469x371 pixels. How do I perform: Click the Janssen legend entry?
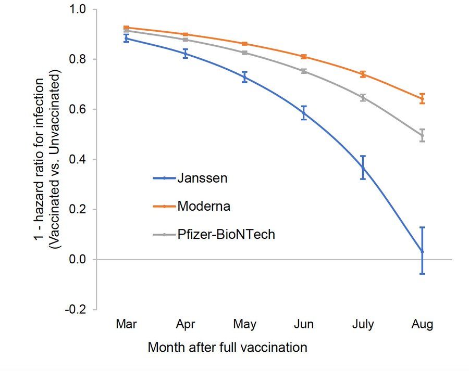(202, 178)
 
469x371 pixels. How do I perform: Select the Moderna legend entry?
(204, 206)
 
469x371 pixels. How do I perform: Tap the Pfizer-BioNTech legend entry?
(226, 235)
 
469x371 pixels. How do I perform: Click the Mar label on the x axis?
(126, 325)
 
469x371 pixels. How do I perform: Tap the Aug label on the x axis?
(422, 325)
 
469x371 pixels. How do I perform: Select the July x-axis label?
(363, 325)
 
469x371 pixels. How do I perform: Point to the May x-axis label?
(244, 325)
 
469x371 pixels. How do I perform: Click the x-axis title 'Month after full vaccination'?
(228, 347)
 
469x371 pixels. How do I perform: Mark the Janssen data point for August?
(422, 252)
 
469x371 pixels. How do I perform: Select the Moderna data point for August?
(422, 99)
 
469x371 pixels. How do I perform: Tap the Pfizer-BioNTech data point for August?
(422, 135)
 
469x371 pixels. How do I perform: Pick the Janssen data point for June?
(304, 113)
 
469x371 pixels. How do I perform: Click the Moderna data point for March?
(126, 28)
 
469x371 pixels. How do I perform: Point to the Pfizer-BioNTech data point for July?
(363, 97)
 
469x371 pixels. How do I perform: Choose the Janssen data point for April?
(186, 53)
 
